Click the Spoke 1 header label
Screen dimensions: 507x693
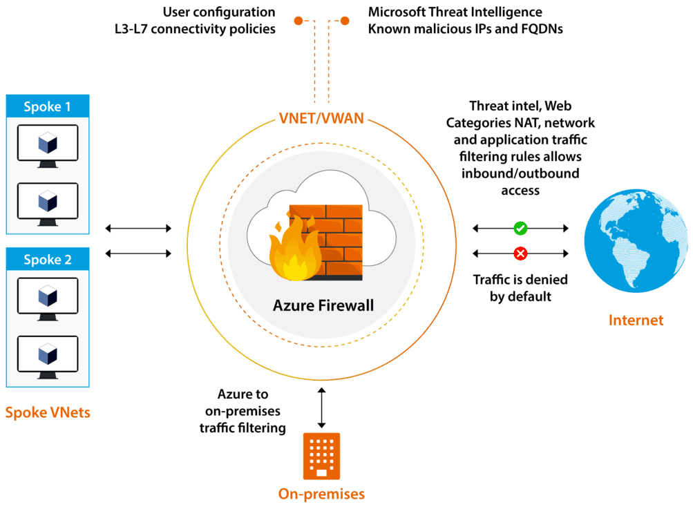coord(47,107)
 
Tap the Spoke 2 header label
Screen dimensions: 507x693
coord(47,260)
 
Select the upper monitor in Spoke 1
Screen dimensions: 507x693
coord(47,146)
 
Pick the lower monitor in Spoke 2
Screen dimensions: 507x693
coord(47,356)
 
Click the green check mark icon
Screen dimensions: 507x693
coord(520,228)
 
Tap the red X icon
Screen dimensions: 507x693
coord(520,254)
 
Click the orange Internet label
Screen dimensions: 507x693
coord(636,321)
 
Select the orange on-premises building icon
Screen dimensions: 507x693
coord(321,456)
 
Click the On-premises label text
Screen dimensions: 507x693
coord(321,494)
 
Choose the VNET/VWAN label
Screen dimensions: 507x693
coord(321,117)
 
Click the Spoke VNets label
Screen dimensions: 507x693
coord(48,413)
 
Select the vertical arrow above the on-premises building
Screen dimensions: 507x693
coord(321,408)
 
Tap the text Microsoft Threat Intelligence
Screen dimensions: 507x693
coord(455,12)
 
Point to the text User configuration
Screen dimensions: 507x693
coord(219,12)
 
